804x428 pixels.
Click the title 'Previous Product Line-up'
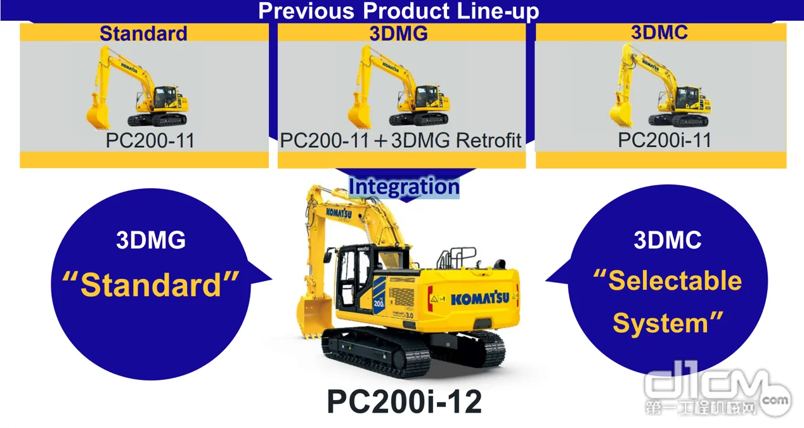point(398,11)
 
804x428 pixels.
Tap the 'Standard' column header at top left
point(143,34)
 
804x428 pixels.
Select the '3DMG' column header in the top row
point(398,34)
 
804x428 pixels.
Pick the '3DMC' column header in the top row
point(659,32)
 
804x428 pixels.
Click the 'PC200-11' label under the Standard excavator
point(150,140)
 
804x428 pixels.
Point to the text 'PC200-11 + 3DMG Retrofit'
point(401,140)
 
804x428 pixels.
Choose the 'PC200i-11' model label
point(665,140)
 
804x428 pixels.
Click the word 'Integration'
point(404,186)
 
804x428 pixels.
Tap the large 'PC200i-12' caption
point(405,401)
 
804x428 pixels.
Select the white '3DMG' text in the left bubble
point(151,240)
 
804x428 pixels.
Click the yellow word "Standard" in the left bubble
point(151,284)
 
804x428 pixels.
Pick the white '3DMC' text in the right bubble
point(668,240)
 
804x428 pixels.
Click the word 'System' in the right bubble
point(661,323)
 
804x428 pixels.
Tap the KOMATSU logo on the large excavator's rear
point(480,299)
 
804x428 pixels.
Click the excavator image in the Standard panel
point(137,88)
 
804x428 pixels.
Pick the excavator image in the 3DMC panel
point(659,86)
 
